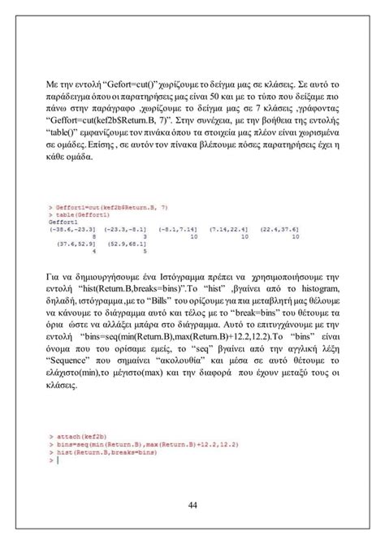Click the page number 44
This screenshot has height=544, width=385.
tap(193, 506)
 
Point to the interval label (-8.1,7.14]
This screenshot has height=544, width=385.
tap(176, 231)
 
